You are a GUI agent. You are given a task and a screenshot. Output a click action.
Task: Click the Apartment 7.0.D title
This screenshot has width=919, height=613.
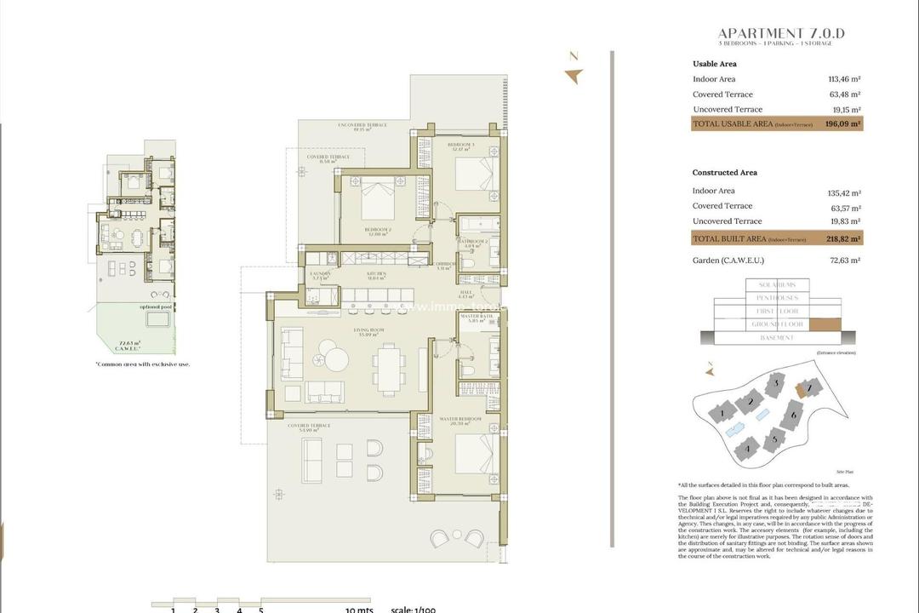pos(781,34)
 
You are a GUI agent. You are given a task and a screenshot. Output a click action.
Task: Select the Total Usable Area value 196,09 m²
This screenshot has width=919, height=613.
pos(843,123)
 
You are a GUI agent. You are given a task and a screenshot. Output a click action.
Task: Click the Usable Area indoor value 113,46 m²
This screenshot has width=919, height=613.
pos(844,79)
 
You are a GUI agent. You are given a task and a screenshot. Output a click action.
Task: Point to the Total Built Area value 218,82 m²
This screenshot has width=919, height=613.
pos(843,239)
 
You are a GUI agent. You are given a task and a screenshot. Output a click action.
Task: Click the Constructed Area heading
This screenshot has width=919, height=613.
pos(725,173)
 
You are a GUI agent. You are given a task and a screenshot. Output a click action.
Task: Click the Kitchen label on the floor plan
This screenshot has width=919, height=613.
pos(377,274)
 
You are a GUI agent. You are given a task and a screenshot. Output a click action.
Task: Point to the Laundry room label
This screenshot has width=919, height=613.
pos(320,275)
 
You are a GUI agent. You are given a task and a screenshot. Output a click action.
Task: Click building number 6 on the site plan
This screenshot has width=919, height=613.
pos(792,415)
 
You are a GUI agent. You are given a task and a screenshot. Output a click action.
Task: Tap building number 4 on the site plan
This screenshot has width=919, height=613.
pos(748,446)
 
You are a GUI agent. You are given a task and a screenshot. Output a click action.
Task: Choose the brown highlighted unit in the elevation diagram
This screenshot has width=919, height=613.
pos(823,324)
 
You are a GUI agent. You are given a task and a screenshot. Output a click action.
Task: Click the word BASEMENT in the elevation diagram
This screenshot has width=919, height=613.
pos(776,338)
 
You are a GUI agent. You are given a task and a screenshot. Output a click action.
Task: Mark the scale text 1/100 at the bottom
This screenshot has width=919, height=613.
pos(414,609)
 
